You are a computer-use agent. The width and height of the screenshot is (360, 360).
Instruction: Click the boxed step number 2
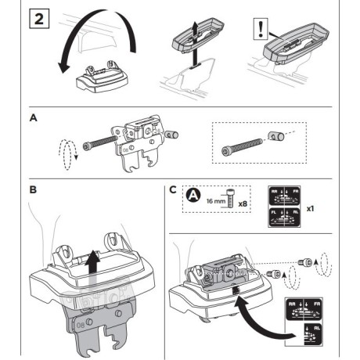coord(39,18)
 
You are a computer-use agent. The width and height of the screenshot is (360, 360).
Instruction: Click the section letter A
coord(32,118)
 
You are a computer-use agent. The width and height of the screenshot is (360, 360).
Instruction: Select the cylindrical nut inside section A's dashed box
coord(274,138)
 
